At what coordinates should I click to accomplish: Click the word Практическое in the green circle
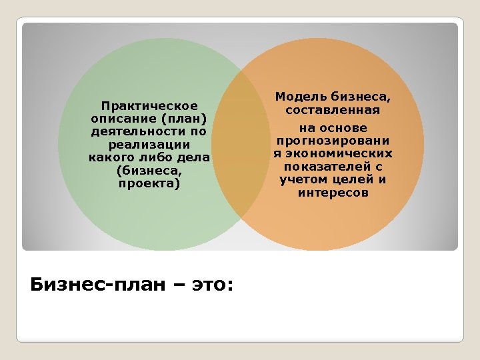149,106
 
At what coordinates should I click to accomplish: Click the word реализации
149,145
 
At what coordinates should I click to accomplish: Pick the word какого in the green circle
111,157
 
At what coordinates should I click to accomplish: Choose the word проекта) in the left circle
149,183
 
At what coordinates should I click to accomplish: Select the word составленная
333,110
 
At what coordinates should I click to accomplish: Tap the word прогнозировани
333,141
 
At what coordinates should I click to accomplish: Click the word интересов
333,193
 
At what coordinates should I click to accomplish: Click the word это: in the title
212,285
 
